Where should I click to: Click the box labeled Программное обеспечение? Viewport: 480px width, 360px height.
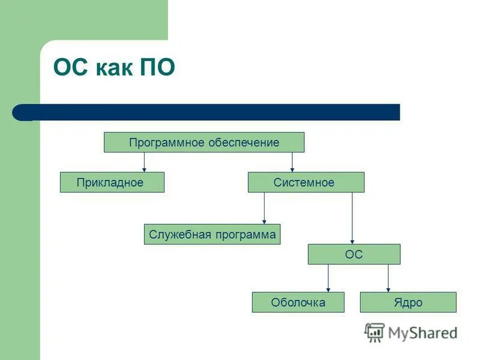tap(204, 142)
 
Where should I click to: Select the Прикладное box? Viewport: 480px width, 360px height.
tap(112, 182)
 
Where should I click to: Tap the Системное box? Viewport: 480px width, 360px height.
tap(305, 182)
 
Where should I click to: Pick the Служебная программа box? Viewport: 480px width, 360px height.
tap(212, 234)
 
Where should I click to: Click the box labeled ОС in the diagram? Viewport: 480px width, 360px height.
tap(353, 254)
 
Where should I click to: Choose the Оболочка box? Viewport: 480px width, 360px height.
tap(298, 302)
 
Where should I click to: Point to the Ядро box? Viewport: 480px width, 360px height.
tap(408, 302)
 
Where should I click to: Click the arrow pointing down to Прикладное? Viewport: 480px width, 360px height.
tap(144, 162)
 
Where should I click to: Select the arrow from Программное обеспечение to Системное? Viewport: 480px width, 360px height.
tap(292, 162)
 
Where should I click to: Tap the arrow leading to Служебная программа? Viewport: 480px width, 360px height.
tap(264, 208)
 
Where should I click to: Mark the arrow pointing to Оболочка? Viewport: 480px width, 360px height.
tap(328, 278)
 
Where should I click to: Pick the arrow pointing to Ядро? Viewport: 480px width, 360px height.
tap(388, 278)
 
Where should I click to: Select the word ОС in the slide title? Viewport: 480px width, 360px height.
tap(70, 68)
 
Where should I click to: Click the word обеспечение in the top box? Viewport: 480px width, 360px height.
tap(244, 142)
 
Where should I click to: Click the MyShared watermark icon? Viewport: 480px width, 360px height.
tap(374, 332)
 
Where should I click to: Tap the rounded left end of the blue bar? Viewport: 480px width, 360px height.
tap(20, 112)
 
